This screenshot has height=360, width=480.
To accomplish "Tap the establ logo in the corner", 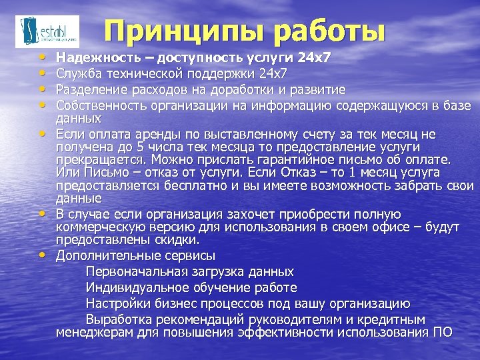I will coord(47,31).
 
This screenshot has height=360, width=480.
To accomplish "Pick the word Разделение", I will coord(88,89).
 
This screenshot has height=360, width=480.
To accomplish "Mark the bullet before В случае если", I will coord(43,213).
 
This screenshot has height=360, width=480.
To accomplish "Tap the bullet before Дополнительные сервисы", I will coord(43,255).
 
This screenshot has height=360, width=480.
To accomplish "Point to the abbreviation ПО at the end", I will coord(443,333).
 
